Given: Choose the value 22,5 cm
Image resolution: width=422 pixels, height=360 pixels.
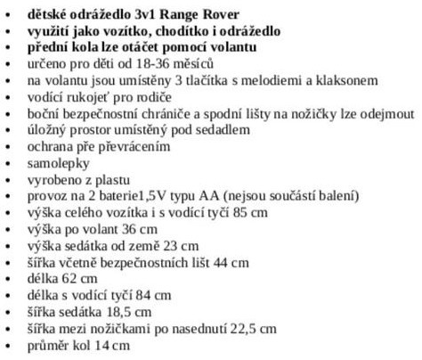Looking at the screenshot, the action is point(229,342).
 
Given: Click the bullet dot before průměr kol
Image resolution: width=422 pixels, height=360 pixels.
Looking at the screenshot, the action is point(11,348).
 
